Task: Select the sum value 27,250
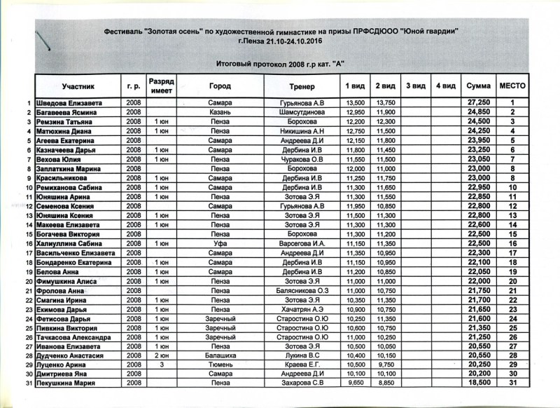click(477, 103)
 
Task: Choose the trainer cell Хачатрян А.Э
click(302, 309)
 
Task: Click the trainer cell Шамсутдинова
click(302, 112)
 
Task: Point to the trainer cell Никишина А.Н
click(302, 131)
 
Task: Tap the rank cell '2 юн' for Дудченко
click(161, 355)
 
